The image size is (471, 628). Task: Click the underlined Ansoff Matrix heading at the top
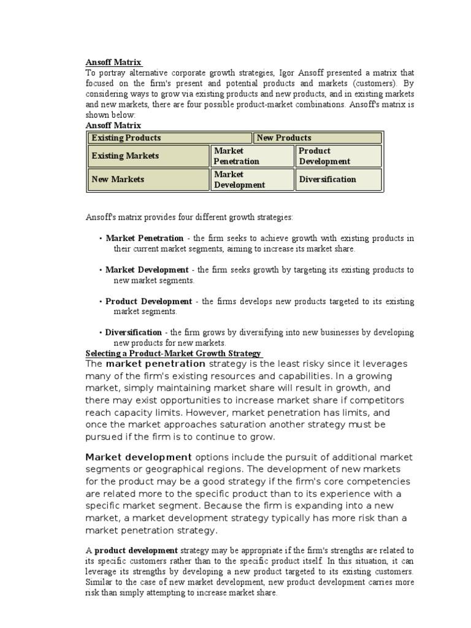tap(113, 63)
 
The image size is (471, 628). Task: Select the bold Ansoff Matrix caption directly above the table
tap(113, 125)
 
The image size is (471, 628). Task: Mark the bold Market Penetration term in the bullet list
tap(145, 238)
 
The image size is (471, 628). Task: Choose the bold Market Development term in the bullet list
tap(147, 270)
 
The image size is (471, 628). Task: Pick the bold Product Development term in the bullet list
tap(148, 301)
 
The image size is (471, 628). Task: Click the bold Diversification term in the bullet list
tap(134, 332)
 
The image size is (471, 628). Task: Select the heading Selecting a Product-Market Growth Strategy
tap(174, 354)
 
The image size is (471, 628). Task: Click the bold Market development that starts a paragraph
tap(139, 457)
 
